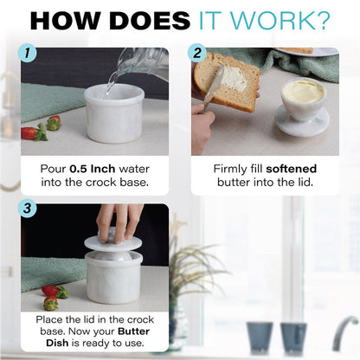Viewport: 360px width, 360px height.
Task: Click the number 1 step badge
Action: tap(27, 54)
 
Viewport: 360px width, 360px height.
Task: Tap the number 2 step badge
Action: tap(197, 54)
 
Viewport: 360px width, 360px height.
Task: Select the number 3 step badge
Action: tap(27, 209)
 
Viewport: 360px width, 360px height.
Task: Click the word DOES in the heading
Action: tap(150, 21)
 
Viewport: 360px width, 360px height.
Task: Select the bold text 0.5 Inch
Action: tap(93, 169)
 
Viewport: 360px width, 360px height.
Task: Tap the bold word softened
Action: tap(291, 169)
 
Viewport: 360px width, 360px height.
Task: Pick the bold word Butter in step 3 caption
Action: tap(134, 331)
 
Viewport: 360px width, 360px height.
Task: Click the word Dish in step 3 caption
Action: tap(57, 343)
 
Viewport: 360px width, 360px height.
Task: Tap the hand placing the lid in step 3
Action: tap(119, 222)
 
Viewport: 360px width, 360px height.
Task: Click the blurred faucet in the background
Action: tap(345, 332)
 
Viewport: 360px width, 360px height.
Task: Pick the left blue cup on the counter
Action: tap(260, 337)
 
